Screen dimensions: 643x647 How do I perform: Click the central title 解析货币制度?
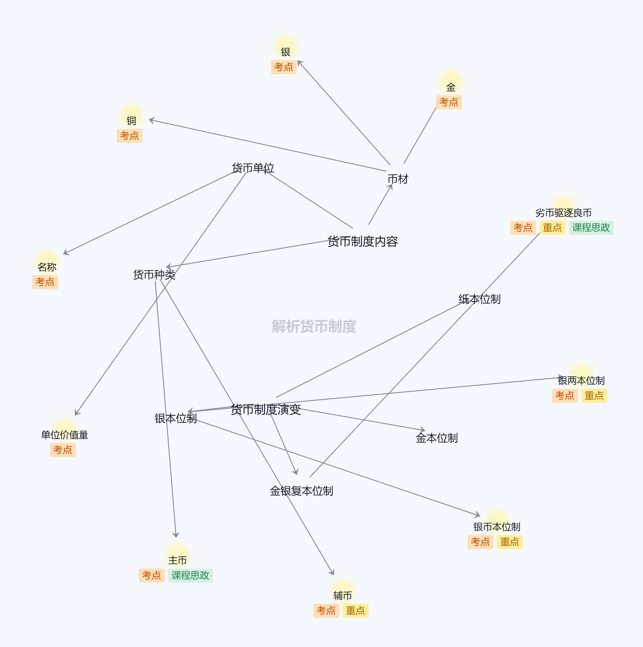(314, 326)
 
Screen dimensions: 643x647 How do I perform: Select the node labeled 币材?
(398, 179)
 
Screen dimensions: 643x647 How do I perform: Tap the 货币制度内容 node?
(362, 242)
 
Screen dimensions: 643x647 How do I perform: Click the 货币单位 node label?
(253, 168)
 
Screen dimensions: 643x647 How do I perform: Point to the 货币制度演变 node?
(266, 409)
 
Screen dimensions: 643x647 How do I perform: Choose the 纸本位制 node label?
(479, 299)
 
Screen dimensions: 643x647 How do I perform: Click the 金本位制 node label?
(436, 438)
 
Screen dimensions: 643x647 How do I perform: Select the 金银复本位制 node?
(301, 491)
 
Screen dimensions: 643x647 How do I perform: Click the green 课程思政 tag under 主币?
(190, 576)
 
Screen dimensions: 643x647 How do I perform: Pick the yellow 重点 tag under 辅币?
(355, 611)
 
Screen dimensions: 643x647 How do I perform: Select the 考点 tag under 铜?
(130, 136)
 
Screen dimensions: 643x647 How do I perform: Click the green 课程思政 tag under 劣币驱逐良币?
(591, 228)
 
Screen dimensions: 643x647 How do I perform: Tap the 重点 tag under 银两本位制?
(594, 395)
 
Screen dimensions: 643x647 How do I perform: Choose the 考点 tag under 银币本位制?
(480, 542)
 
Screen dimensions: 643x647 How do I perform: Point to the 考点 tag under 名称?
(45, 282)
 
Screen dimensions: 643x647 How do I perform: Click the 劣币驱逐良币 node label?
(563, 213)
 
